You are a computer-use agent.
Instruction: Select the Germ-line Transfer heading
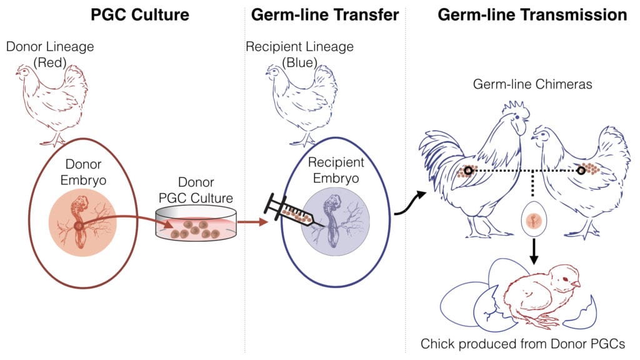(x=324, y=15)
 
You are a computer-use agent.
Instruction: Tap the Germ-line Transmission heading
(x=532, y=15)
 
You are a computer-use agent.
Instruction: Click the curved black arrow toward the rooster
(x=409, y=206)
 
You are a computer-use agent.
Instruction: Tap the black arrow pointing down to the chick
(x=533, y=251)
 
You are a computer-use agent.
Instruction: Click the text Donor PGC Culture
(x=196, y=191)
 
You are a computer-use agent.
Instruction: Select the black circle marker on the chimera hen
(x=581, y=170)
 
